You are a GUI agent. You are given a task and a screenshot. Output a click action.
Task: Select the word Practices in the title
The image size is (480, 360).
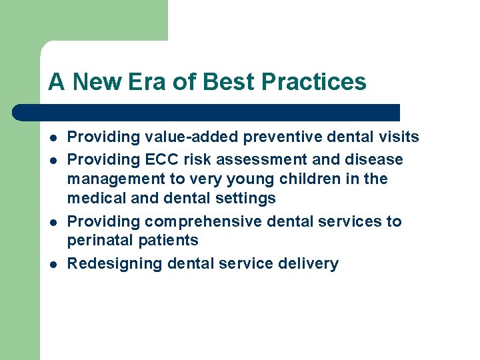point(314,82)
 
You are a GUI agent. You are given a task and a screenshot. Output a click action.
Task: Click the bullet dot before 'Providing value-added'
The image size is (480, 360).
point(52,138)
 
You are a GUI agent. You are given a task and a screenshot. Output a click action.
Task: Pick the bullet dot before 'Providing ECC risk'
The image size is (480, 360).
point(52,161)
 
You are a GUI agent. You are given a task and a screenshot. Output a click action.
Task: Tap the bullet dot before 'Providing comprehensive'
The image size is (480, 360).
point(52,222)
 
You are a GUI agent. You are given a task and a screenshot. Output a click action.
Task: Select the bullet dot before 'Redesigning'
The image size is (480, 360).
point(52,264)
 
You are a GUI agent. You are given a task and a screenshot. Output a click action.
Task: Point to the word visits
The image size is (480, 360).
point(397,137)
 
